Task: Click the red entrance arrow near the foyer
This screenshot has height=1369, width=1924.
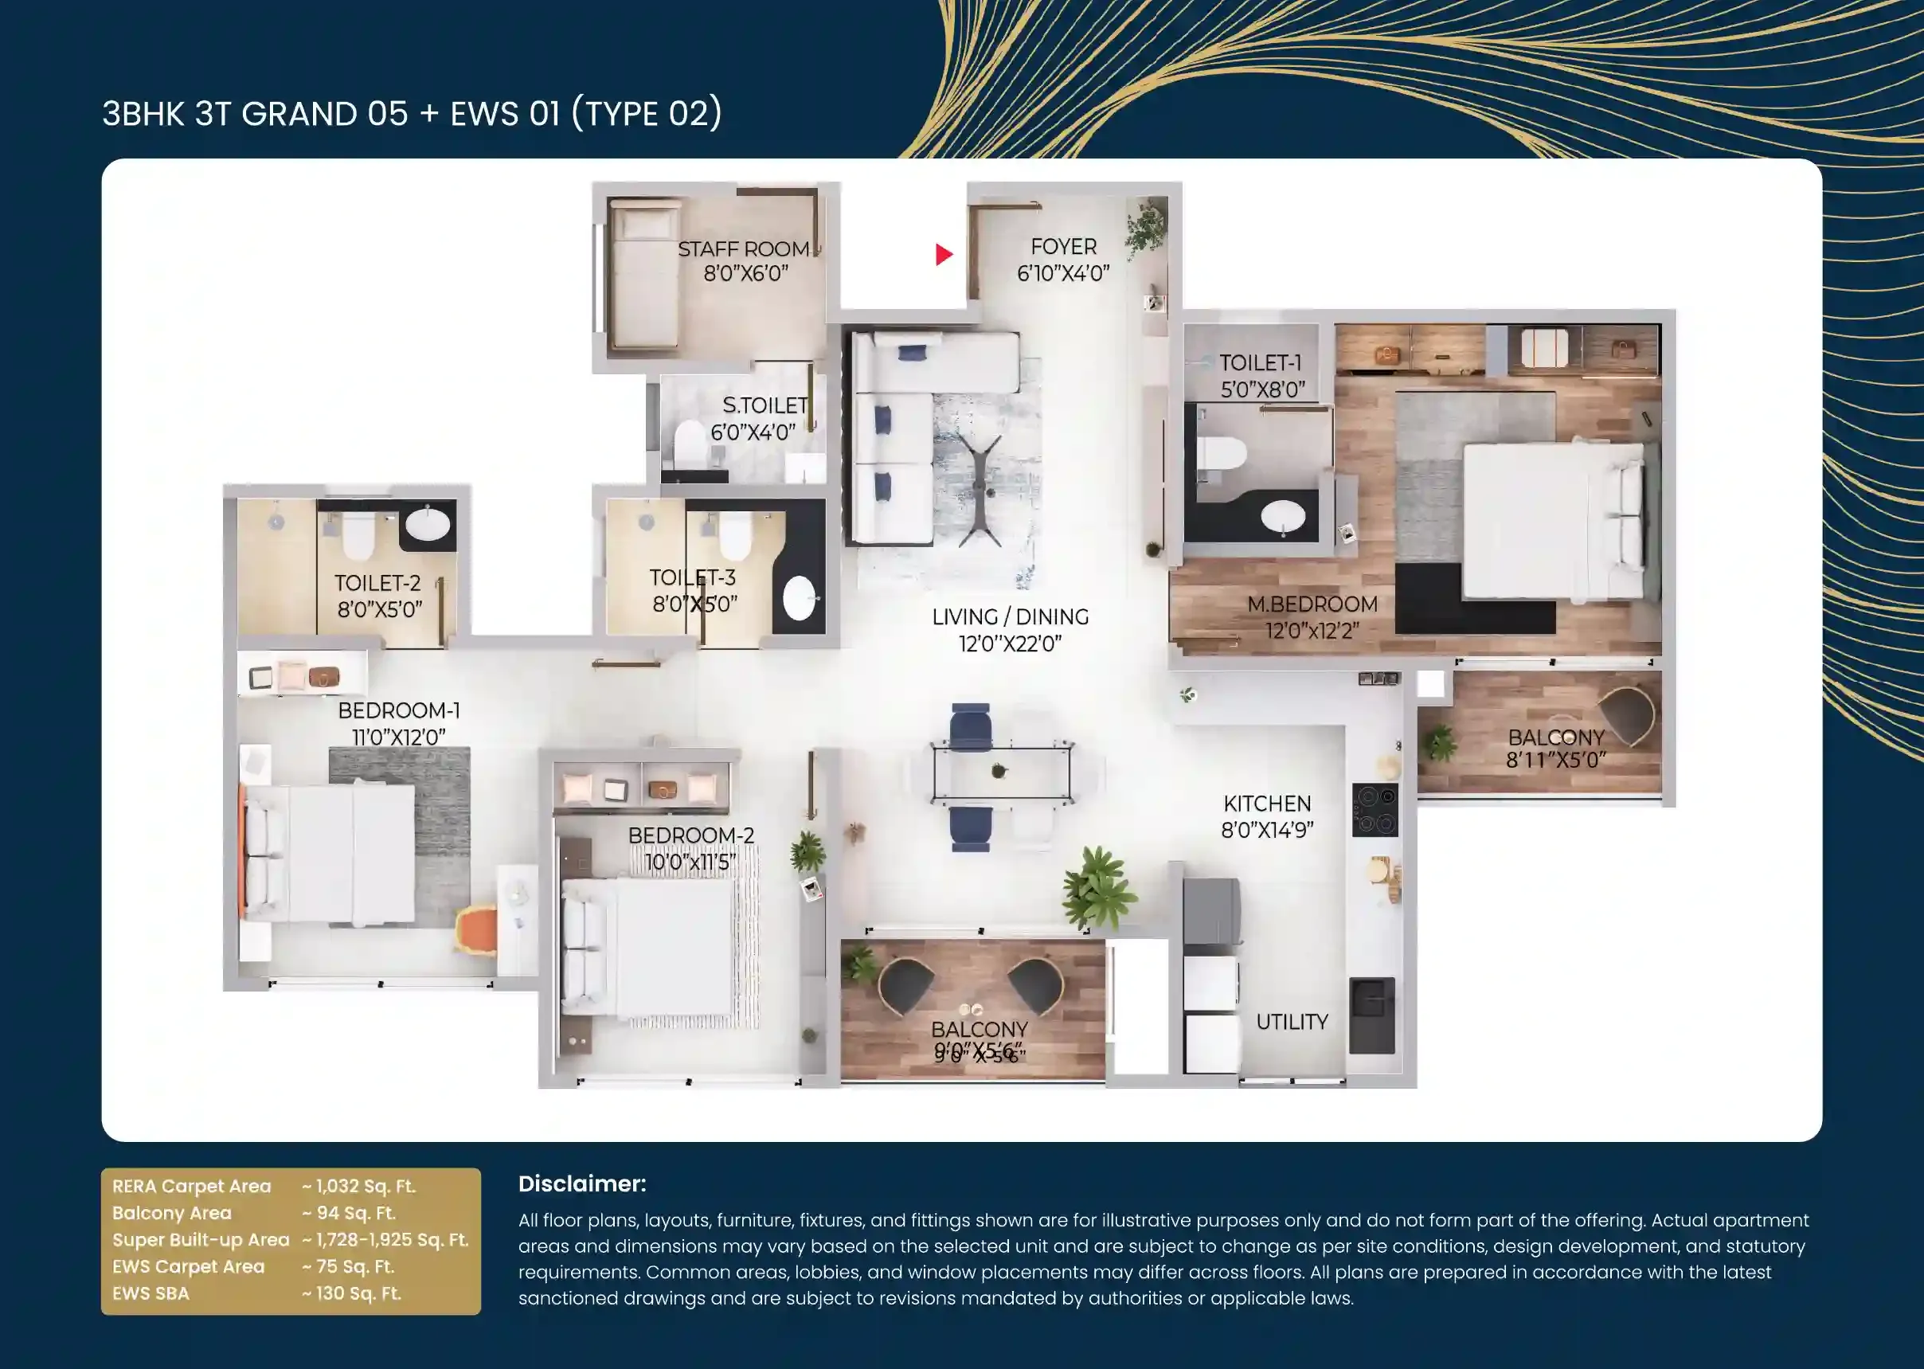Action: pos(944,254)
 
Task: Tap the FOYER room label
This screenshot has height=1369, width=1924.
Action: pos(1064,247)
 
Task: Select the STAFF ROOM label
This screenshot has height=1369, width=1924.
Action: pos(743,249)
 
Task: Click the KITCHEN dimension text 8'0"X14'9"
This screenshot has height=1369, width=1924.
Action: pos(1267,831)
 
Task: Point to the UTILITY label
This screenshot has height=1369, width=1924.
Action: pos(1292,1022)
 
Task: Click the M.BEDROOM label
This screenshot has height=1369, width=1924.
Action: pos(1312,604)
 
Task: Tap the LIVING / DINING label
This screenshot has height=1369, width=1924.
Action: pos(1011,617)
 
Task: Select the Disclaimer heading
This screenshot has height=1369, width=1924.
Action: pos(582,1183)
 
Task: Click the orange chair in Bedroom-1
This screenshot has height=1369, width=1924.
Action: pos(476,931)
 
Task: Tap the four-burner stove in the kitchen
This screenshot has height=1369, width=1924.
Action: pos(1375,809)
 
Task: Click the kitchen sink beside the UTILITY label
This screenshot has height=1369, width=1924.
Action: pos(1372,1015)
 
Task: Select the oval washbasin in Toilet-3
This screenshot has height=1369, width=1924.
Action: pos(799,597)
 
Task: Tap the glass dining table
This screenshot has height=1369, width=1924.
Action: pos(1002,770)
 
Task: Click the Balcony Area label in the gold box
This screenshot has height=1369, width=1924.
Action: pos(172,1213)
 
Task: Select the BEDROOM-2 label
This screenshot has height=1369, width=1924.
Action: pos(691,835)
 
